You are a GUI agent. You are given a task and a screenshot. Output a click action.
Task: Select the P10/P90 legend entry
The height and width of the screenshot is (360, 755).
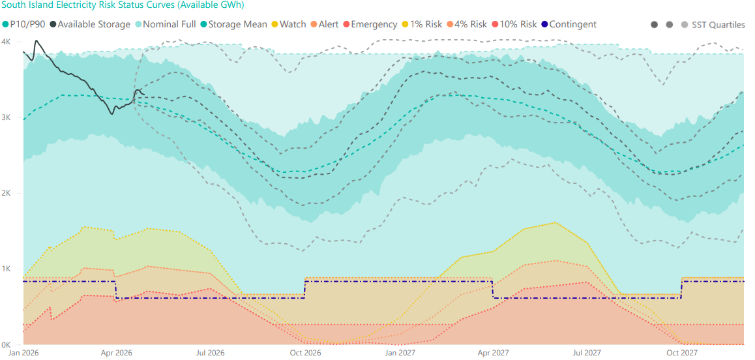tap(24, 25)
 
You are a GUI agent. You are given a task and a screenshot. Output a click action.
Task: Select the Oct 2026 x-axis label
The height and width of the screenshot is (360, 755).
tap(304, 353)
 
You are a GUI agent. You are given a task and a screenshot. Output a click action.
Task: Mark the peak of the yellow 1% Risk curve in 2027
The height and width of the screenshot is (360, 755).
tap(555, 222)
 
